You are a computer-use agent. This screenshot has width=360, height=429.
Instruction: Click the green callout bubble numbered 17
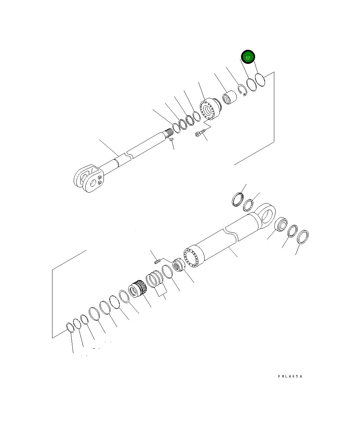click(x=248, y=57)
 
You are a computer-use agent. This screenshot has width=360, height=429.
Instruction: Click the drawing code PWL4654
click(x=290, y=376)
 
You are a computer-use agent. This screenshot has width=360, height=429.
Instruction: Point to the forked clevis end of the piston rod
click(x=89, y=178)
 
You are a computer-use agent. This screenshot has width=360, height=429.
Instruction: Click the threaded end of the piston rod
click(x=168, y=132)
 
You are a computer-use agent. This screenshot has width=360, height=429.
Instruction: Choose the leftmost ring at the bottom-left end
click(x=70, y=327)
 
